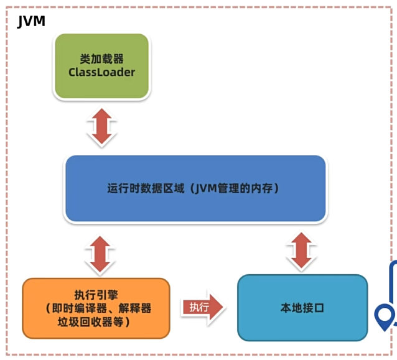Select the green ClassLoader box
click(x=102, y=66)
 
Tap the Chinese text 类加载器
click(x=102, y=59)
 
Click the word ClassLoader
click(x=102, y=72)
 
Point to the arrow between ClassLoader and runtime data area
click(x=101, y=127)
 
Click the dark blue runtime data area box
click(x=195, y=188)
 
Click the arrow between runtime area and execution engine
click(x=100, y=253)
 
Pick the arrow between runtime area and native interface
click(x=302, y=251)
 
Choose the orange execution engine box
click(x=96, y=308)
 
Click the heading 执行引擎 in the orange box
click(x=96, y=294)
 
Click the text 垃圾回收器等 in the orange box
click(x=93, y=321)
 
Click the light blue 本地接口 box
click(x=302, y=308)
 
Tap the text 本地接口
click(x=302, y=308)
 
